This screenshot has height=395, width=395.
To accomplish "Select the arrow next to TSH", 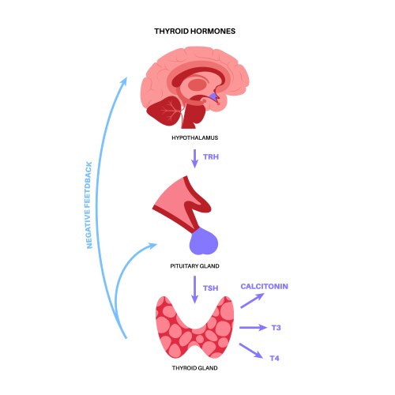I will pos(194,289).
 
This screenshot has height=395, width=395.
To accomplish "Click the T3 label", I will pos(276,326).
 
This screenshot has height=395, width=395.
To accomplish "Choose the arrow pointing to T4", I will pos(250,349).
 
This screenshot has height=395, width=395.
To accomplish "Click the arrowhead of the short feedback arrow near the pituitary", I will pos(151,247).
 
